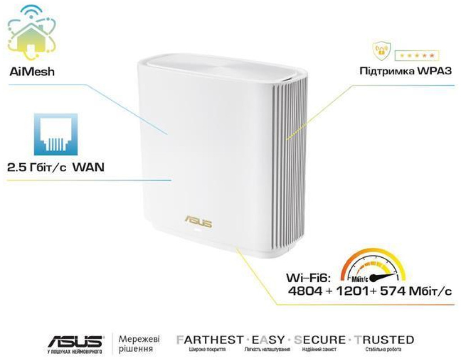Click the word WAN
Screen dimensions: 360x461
tap(88, 168)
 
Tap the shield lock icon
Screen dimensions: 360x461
tap(381, 52)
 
